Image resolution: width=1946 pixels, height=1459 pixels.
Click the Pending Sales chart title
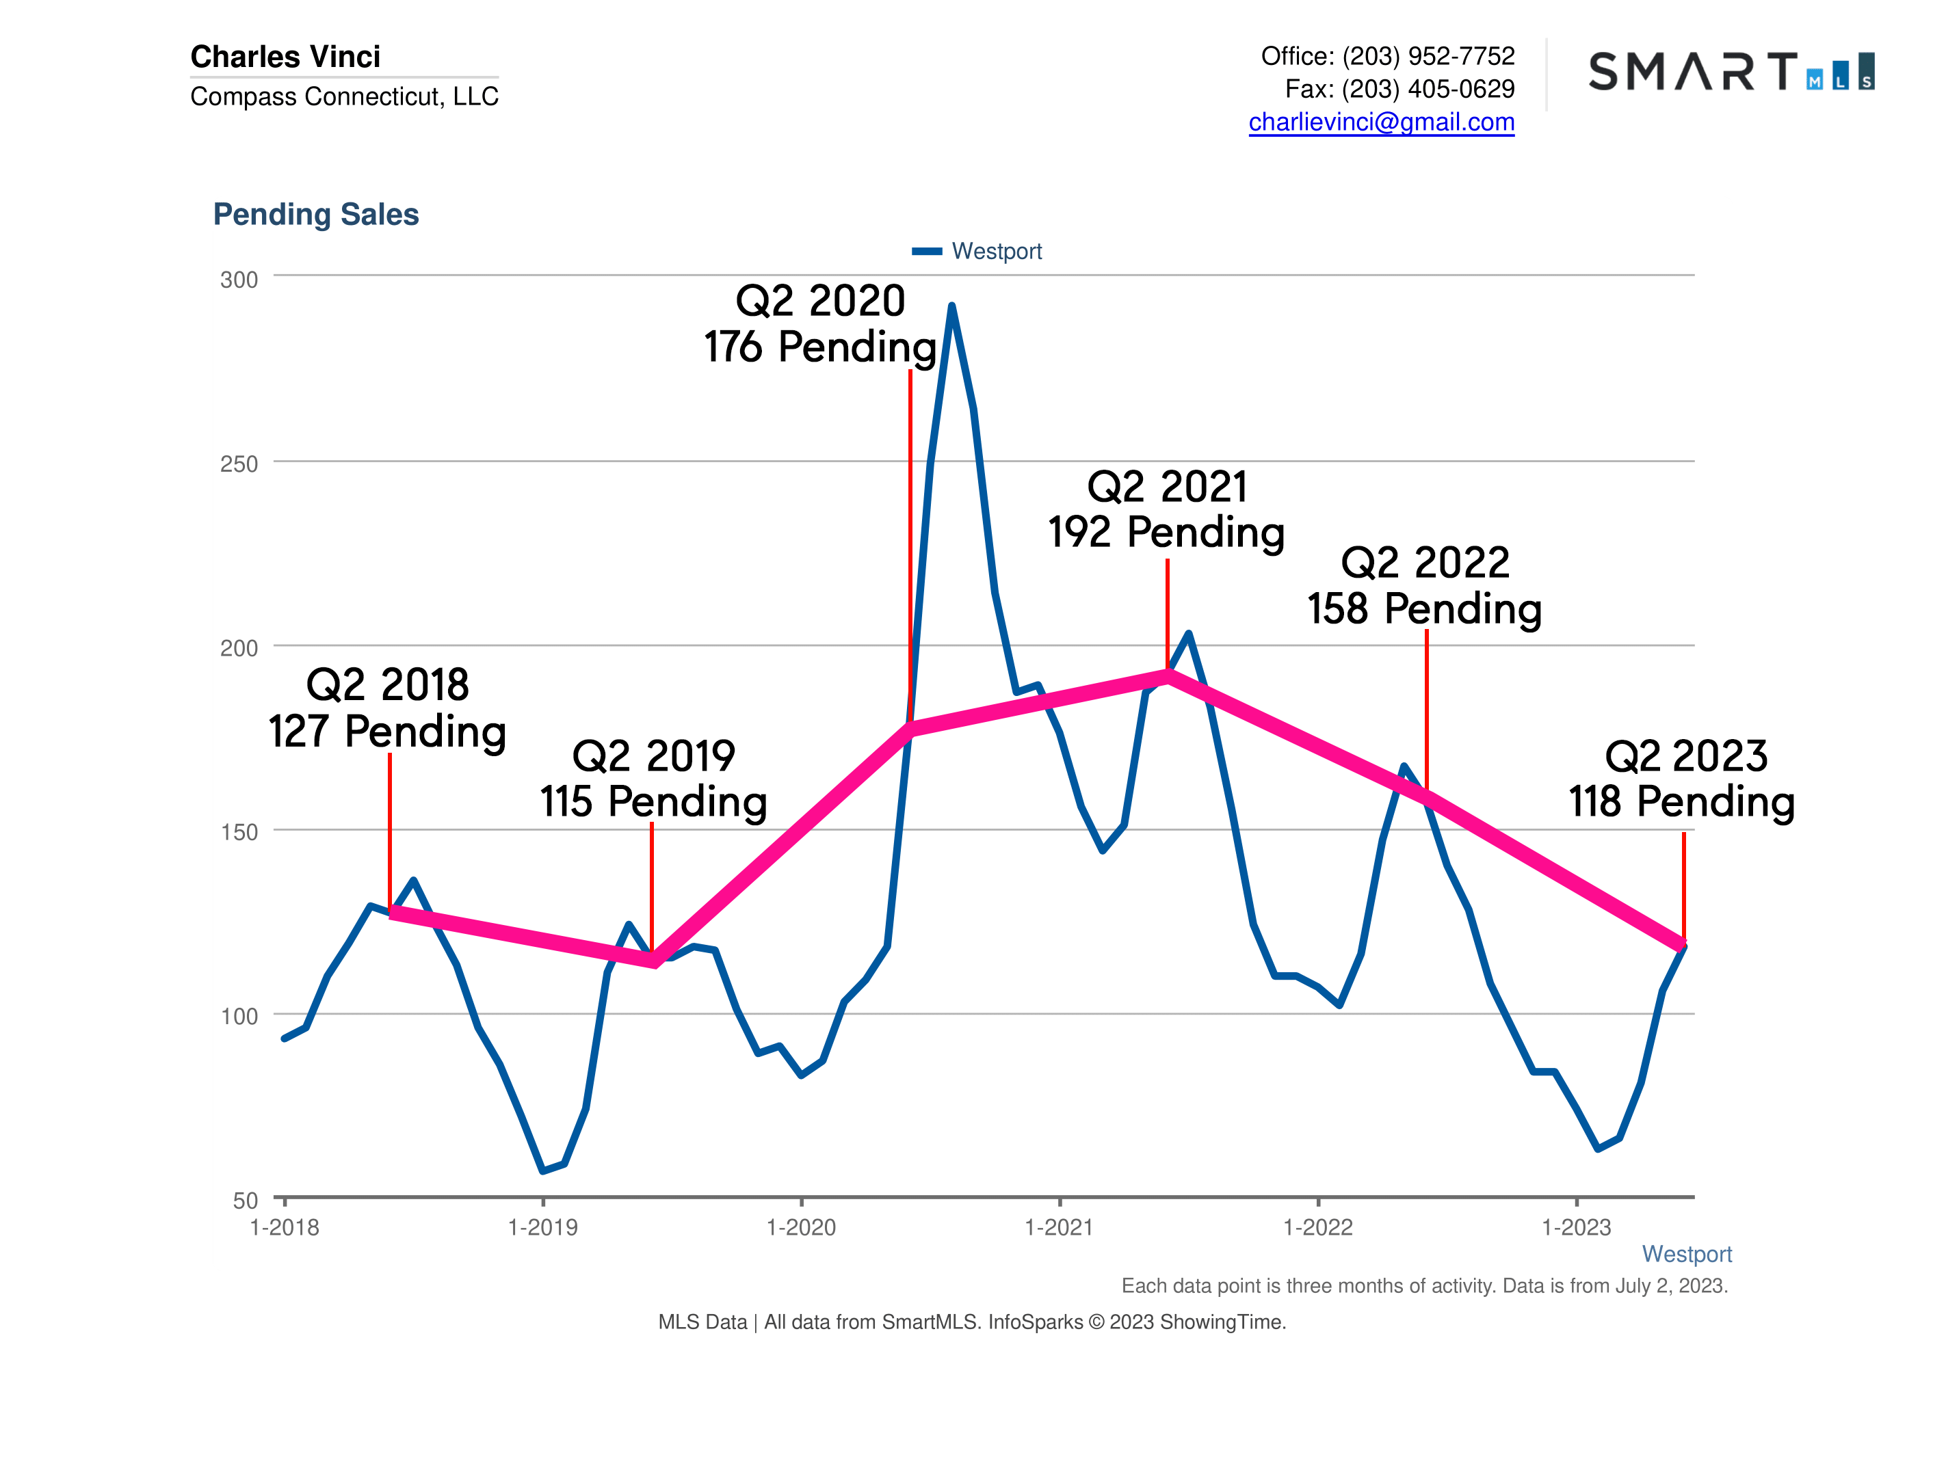click(316, 215)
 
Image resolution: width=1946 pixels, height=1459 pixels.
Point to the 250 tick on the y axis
click(239, 464)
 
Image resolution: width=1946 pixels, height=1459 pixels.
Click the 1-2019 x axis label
click(543, 1228)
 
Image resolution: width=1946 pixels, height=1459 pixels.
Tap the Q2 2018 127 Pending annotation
click(387, 708)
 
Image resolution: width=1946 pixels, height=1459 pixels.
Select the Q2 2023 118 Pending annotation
click(1682, 778)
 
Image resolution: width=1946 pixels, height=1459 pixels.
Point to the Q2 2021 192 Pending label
click(1166, 509)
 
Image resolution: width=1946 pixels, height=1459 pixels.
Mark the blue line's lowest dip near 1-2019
click(543, 1170)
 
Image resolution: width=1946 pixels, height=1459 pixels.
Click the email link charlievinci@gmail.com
click(1381, 122)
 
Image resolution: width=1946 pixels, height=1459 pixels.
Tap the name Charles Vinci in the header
click(285, 56)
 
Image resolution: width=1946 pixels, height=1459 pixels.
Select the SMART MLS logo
click(1731, 72)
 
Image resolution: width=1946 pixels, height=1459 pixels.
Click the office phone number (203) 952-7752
click(1428, 56)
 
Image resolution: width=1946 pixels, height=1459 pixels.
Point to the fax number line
click(1399, 89)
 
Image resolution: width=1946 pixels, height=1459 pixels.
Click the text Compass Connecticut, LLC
click(344, 96)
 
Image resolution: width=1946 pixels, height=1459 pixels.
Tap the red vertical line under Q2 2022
click(1426, 704)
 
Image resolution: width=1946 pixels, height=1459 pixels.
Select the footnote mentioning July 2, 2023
click(1423, 1286)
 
